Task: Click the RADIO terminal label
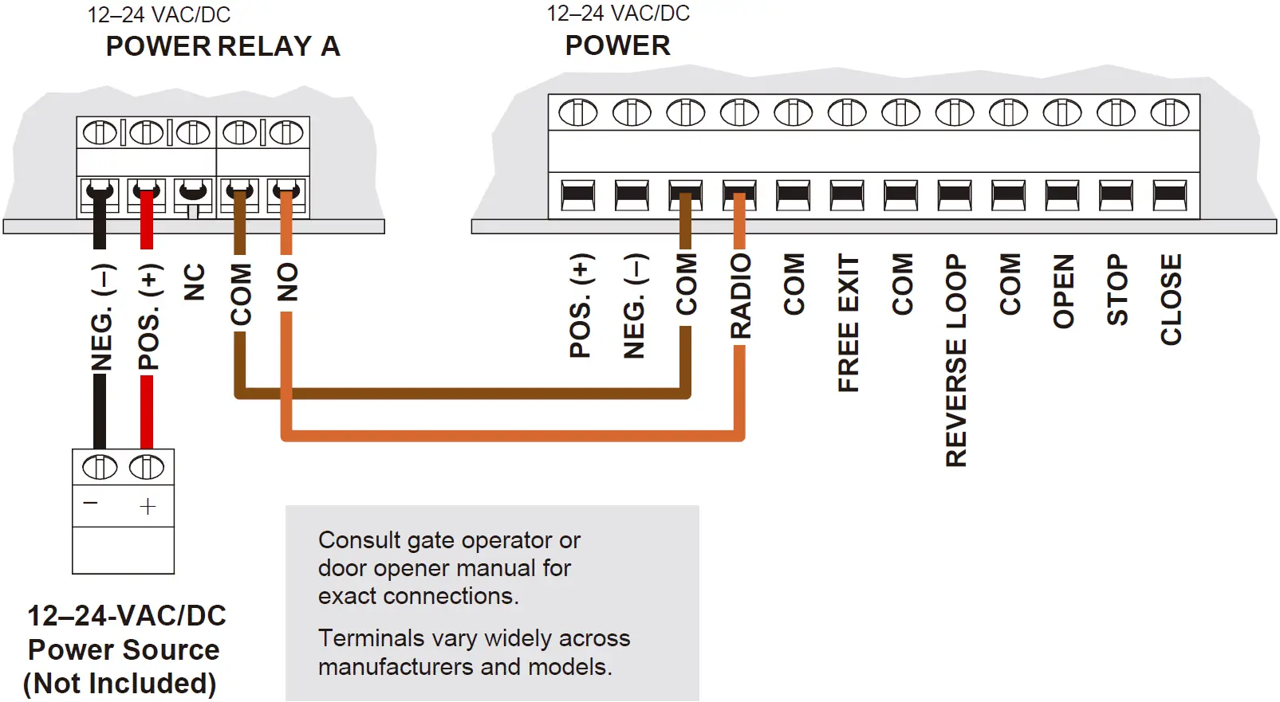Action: tap(741, 296)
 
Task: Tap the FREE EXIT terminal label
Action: tap(849, 323)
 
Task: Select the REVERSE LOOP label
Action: tap(955, 360)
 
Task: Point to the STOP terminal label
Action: tap(1117, 289)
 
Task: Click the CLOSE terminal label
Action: tap(1171, 300)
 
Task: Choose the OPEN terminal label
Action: tap(1064, 291)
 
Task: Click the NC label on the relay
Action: tap(195, 282)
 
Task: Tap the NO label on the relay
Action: tap(287, 282)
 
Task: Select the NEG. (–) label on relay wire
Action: tap(101, 318)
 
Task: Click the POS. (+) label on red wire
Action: tap(148, 317)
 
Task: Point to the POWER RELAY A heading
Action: tap(223, 46)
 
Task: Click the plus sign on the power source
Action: tap(148, 507)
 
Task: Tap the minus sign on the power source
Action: tap(91, 503)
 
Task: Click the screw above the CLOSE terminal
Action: tap(1170, 113)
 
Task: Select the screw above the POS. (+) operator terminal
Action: tap(578, 113)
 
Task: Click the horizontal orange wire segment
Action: tap(510, 435)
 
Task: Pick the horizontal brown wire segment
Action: tap(463, 393)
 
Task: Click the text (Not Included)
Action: tap(120, 684)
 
